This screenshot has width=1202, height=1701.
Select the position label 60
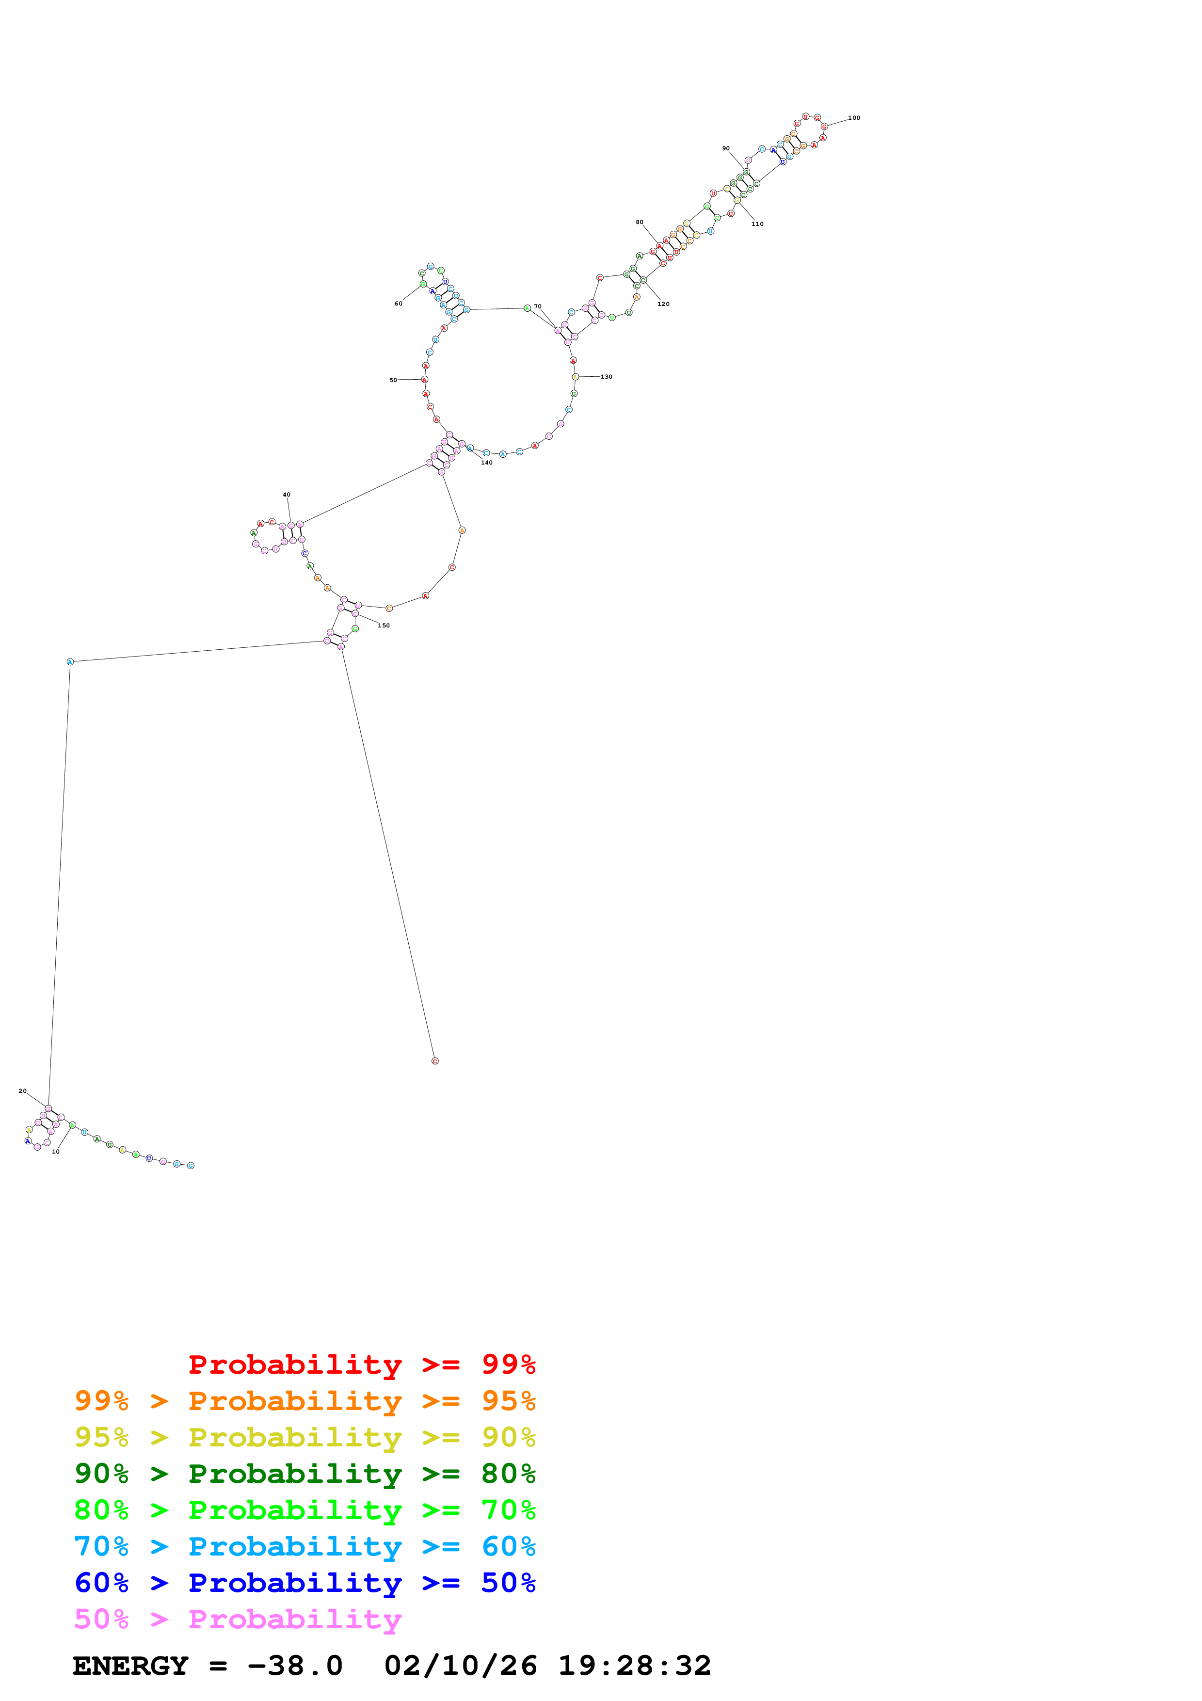tap(399, 303)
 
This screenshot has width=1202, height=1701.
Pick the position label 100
tap(854, 118)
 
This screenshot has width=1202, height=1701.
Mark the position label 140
tap(487, 462)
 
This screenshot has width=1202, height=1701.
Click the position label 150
tap(384, 626)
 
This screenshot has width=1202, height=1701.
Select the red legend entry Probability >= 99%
tap(361, 1364)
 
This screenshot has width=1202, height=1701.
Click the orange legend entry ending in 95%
tap(305, 1401)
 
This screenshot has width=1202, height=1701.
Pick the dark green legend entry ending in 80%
tap(305, 1474)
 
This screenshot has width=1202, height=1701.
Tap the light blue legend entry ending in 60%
tap(305, 1546)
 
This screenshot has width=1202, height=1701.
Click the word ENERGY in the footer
tap(130, 1666)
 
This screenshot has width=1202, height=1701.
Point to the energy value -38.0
tap(295, 1666)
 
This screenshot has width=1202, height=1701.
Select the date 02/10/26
tap(460, 1666)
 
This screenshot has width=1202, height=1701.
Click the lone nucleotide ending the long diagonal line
tap(435, 1061)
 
